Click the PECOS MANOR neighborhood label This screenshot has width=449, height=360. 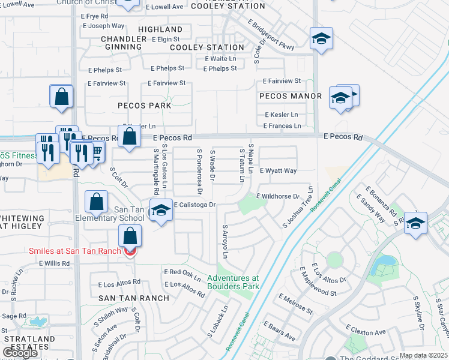pos(291,96)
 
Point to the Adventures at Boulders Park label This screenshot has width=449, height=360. pos(234,282)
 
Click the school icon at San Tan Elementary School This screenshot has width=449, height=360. pos(161,210)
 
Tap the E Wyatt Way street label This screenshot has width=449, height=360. pos(278,171)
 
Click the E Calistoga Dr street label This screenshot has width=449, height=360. pos(194,205)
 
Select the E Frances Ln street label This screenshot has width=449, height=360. pos(282,126)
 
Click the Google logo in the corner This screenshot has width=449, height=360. pos(20,353)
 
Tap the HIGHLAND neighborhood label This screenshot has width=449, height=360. pos(160,29)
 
